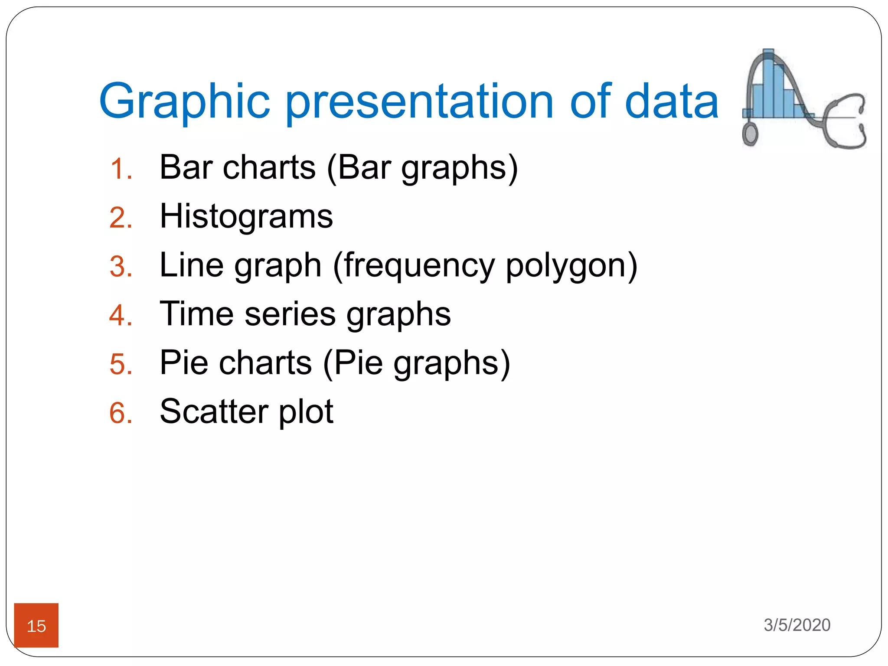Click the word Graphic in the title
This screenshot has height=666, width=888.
tap(184, 102)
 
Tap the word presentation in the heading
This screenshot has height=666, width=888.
tap(419, 102)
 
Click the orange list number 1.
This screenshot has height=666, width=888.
tap(121, 169)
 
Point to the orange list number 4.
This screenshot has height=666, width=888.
tap(121, 315)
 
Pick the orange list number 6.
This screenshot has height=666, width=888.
tap(121, 413)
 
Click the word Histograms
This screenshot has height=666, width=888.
tap(246, 216)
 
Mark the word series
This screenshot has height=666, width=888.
tap(290, 314)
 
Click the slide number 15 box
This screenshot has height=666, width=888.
tap(36, 625)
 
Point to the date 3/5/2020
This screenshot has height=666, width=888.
tap(797, 625)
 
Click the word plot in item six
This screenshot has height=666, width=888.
tap(306, 412)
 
